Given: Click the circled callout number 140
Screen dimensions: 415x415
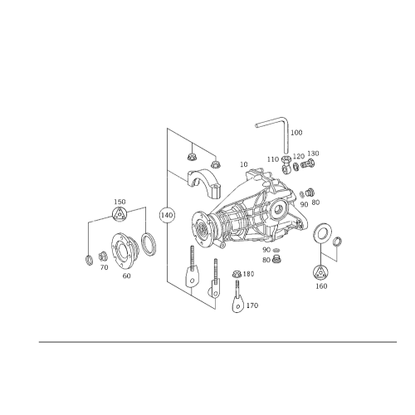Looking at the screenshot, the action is coord(167,215).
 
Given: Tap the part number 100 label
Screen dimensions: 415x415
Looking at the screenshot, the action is coord(296,133).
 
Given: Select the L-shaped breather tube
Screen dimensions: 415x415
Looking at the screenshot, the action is coord(274,133).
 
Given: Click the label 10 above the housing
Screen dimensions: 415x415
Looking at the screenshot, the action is coord(244,164).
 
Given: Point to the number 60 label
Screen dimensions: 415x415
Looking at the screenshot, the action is coord(126,276).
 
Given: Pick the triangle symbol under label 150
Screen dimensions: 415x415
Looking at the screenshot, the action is coord(119,214).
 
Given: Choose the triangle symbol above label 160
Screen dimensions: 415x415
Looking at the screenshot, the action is coord(320,272).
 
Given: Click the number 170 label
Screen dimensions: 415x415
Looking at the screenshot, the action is coord(252,305).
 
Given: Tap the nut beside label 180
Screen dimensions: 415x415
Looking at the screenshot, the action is coord(237,274).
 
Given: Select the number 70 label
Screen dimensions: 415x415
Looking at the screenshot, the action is coord(104,267).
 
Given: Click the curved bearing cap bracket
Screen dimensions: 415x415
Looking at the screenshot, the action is coord(204,183).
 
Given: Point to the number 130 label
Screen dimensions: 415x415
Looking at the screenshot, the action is coord(313,154).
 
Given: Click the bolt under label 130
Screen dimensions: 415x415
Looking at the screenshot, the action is coord(308,164).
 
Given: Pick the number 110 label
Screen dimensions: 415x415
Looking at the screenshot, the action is coord(273,159).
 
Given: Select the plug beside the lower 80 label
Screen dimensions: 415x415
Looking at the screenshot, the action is coord(276,260).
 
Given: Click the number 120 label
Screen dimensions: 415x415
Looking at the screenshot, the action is coord(299,156).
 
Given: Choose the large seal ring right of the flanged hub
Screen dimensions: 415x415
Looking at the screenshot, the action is coord(149,244).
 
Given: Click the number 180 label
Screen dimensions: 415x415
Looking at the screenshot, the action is coord(248,274).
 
